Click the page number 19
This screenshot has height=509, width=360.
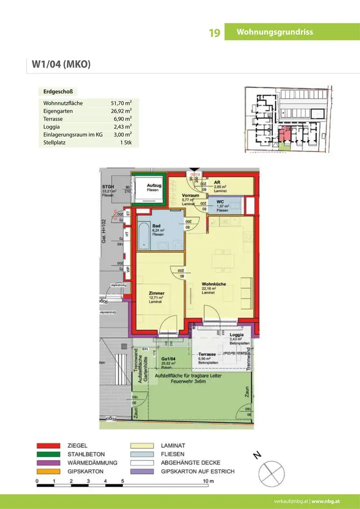(214, 33)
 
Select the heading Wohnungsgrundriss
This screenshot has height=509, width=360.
(274, 32)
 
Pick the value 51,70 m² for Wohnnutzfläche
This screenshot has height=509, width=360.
(121, 103)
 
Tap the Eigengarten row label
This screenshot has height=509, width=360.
(58, 111)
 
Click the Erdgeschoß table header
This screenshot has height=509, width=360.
(58, 92)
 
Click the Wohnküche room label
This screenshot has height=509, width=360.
(214, 284)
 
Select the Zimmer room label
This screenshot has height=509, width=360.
(157, 294)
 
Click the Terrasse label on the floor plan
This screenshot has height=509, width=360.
(207, 354)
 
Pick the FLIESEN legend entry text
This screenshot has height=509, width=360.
(172, 454)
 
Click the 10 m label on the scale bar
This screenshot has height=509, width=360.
(209, 482)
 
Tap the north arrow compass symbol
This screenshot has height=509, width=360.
(271, 469)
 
